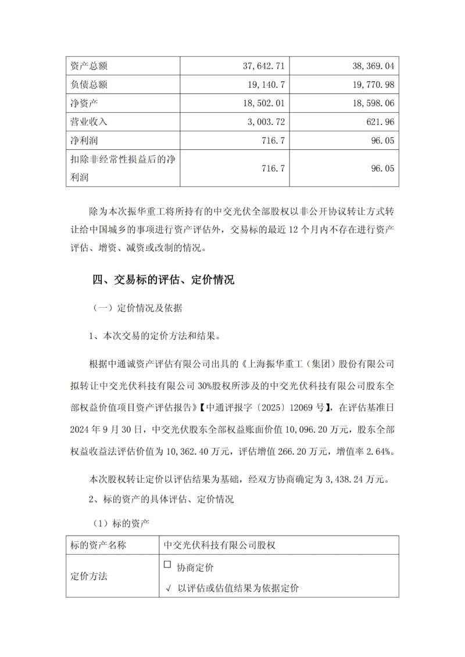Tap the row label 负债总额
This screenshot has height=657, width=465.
[88, 85]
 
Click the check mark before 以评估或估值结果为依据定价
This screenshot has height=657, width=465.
[168, 588]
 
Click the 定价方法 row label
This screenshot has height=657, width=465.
[89, 577]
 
